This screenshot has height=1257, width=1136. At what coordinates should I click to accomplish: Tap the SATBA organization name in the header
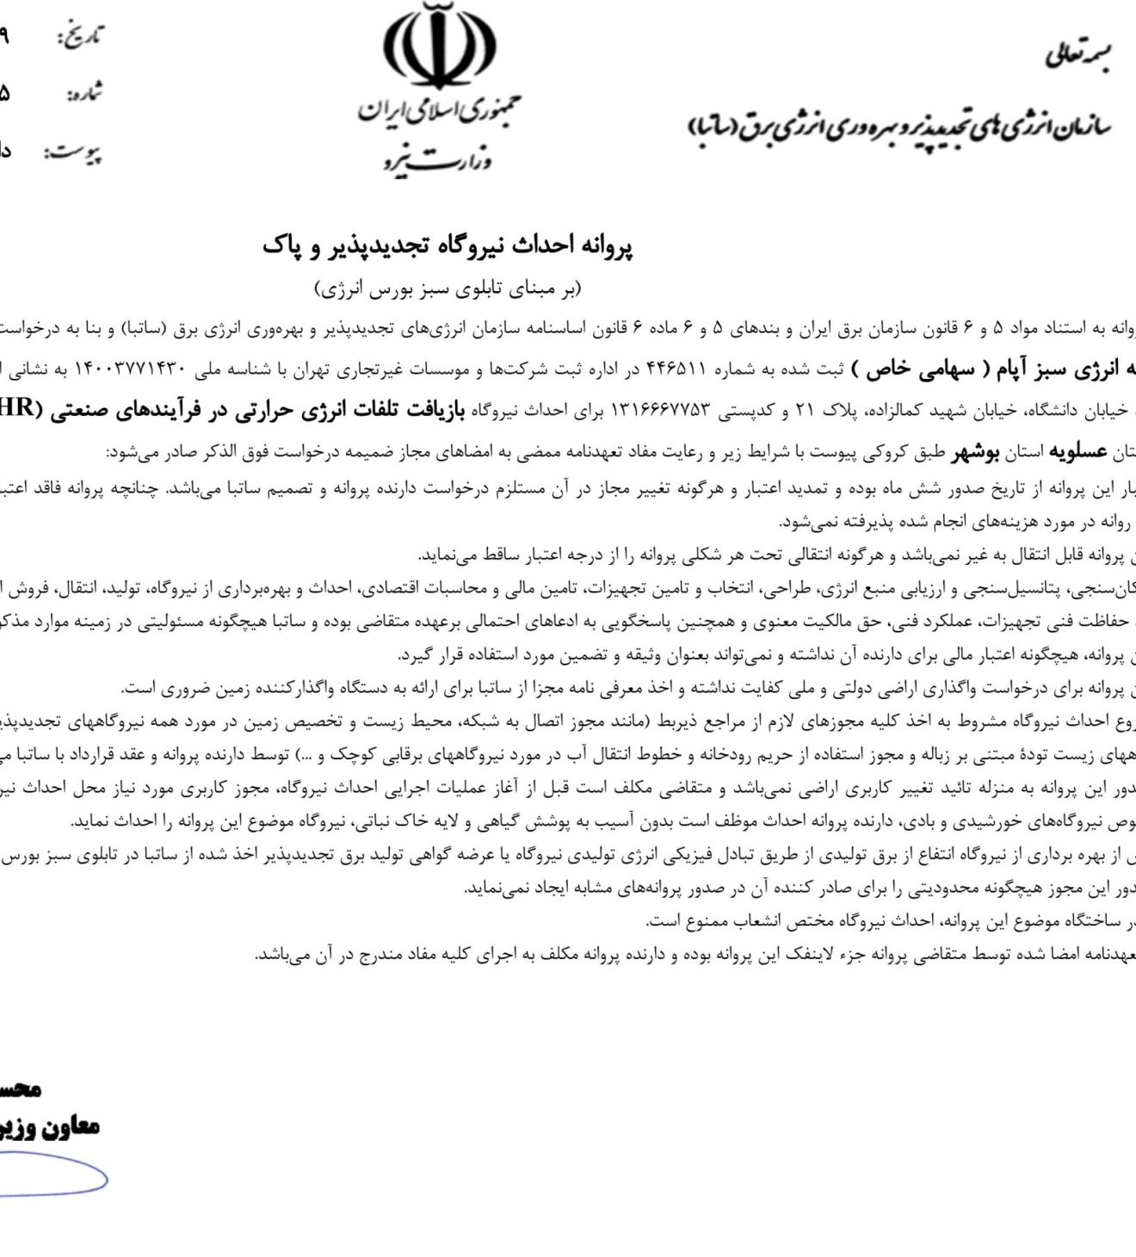pyautogui.click(x=899, y=127)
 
